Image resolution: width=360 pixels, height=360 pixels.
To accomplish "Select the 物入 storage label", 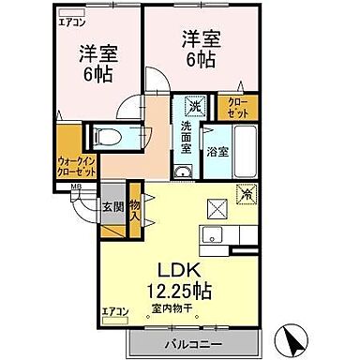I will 134,210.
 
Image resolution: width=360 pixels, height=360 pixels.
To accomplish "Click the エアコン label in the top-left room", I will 69,21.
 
